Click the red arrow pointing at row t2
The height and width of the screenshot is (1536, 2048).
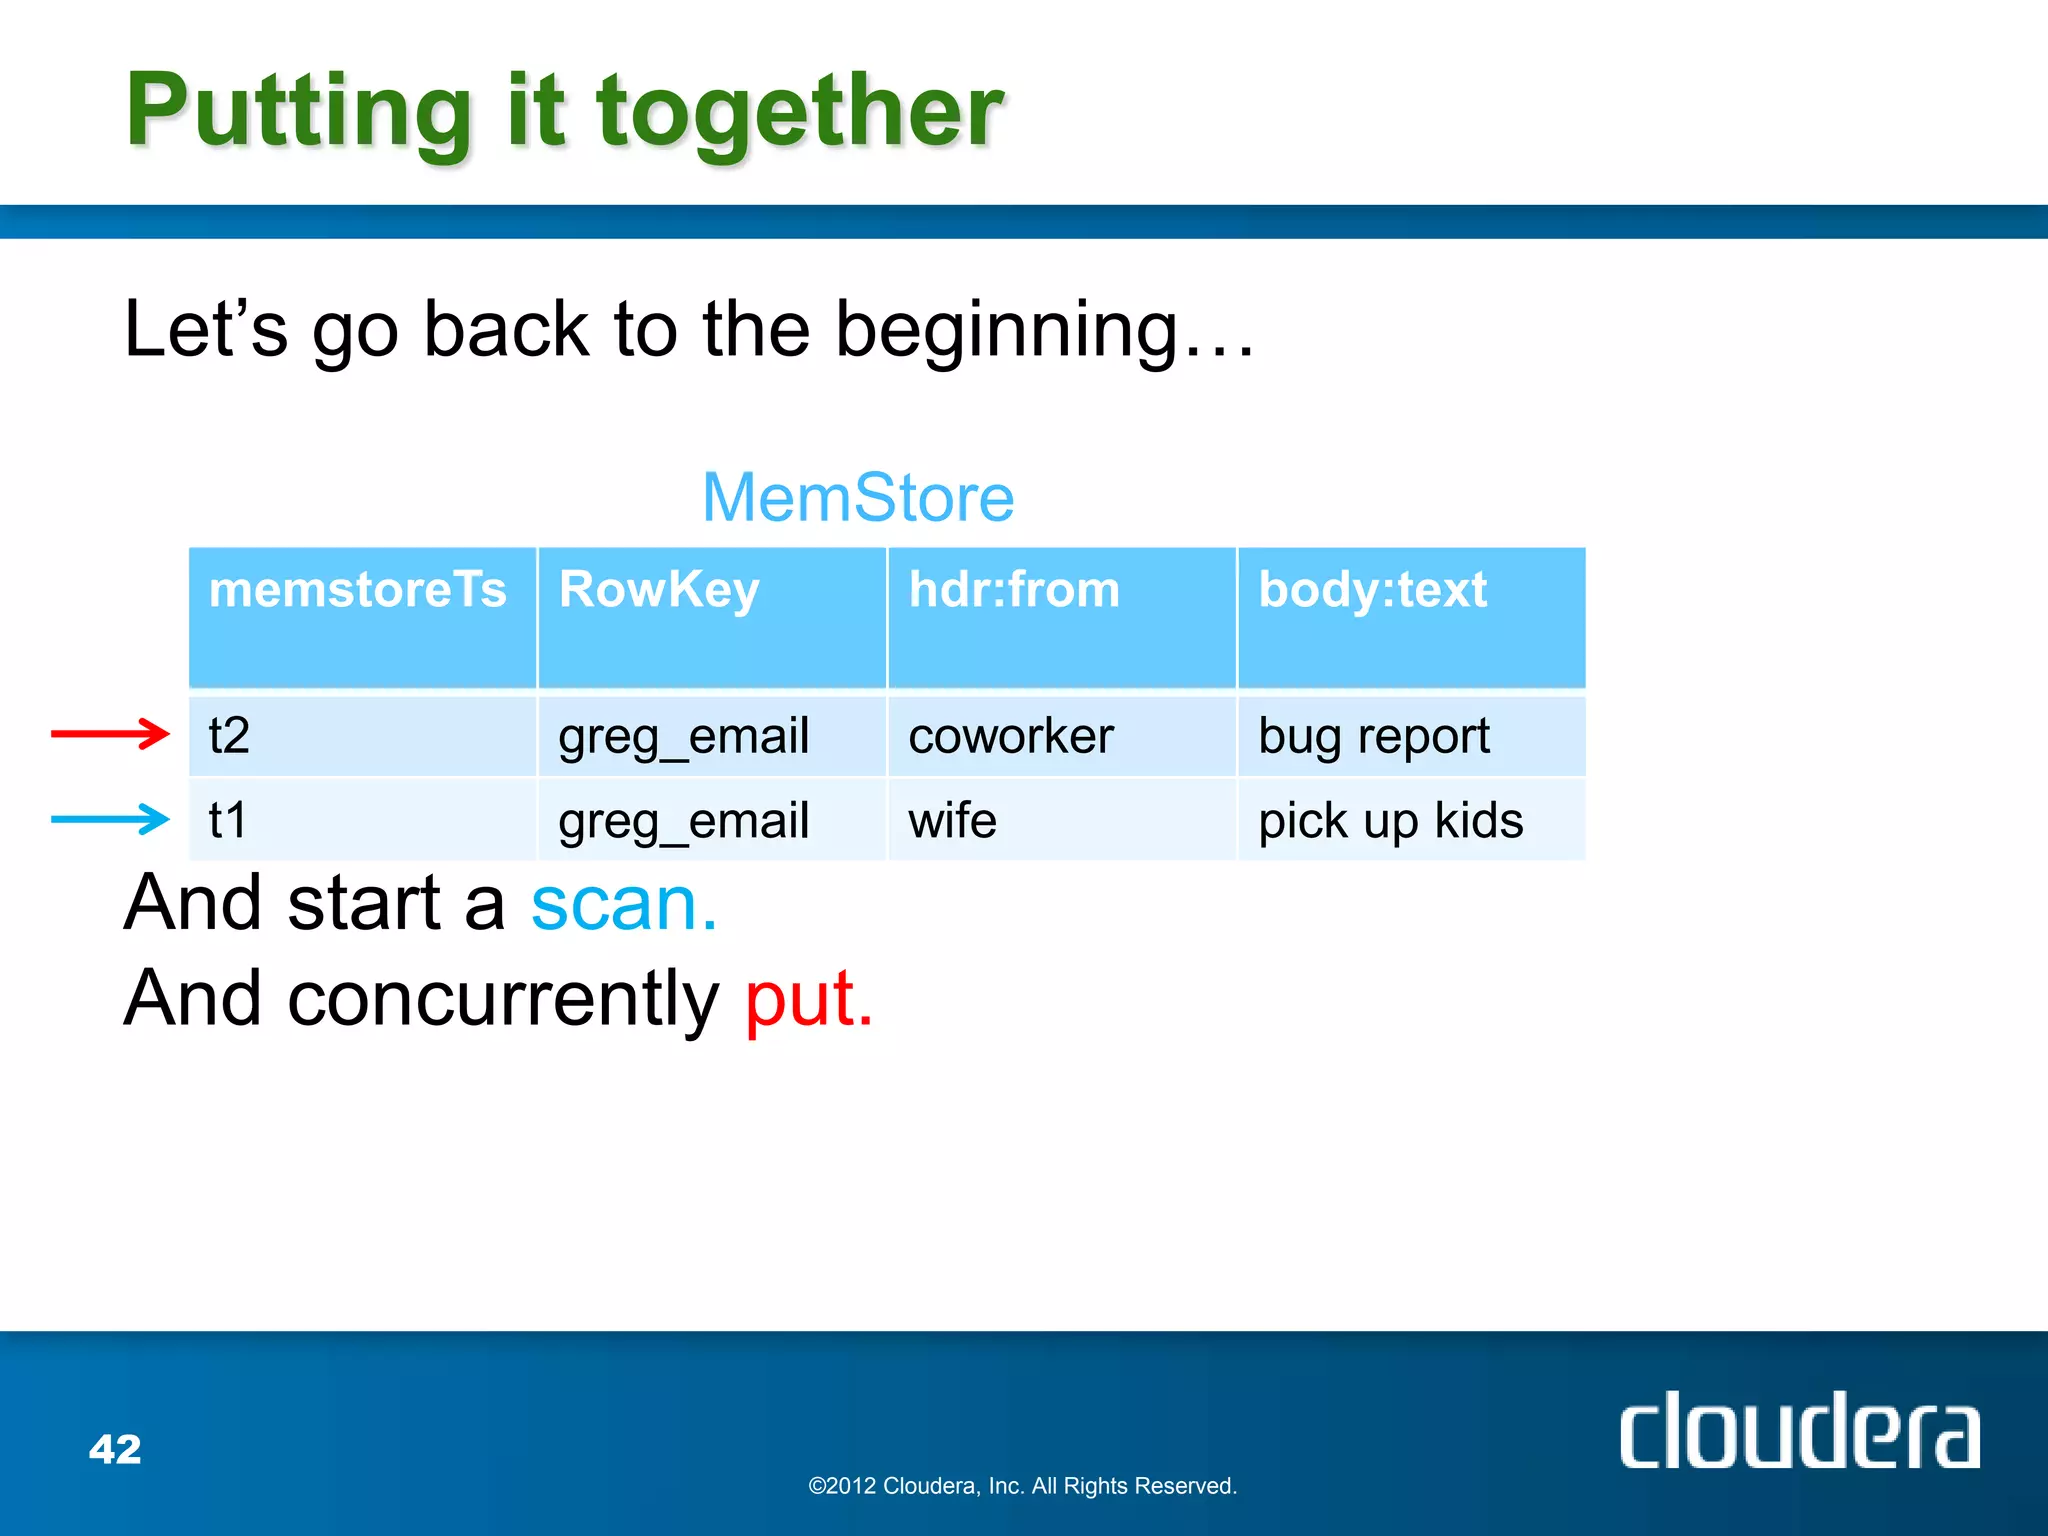110,734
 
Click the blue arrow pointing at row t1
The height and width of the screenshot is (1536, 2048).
110,819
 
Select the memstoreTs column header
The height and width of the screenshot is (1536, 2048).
358,589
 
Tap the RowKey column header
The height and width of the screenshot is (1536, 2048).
659,589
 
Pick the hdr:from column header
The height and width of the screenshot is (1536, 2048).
1014,589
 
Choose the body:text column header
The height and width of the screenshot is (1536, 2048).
1372,589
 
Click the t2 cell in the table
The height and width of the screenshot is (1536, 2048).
229,736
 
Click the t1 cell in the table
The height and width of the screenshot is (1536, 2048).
228,820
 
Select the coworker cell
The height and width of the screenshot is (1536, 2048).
1010,736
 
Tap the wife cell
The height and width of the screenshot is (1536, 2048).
952,820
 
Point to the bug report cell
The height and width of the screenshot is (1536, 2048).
1374,736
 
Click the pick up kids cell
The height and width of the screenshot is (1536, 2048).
1390,820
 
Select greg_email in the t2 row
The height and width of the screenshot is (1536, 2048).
683,736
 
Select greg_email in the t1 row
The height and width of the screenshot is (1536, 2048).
683,820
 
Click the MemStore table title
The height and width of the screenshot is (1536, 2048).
858,497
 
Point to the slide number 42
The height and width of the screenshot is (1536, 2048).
115,1449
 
